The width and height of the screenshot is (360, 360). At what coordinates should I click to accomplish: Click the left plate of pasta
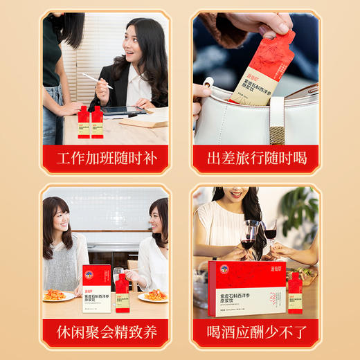pos(58,296)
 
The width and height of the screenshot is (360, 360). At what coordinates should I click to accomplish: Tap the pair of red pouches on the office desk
pos(91,122)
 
